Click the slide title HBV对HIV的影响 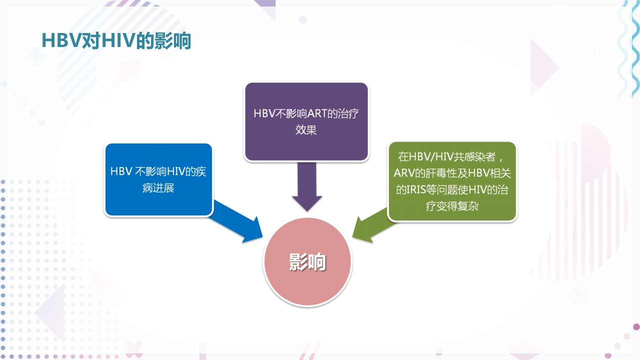click(x=116, y=41)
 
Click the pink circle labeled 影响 click(x=307, y=262)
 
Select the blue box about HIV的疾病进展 click(x=158, y=180)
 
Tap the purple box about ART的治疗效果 click(x=306, y=121)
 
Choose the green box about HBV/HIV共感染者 click(x=452, y=181)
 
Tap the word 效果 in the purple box click(x=306, y=130)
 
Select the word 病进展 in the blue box click(x=158, y=188)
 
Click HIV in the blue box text click(x=176, y=171)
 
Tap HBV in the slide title click(x=57, y=41)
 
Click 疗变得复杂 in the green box click(x=452, y=205)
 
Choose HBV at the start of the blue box click(x=121, y=171)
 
